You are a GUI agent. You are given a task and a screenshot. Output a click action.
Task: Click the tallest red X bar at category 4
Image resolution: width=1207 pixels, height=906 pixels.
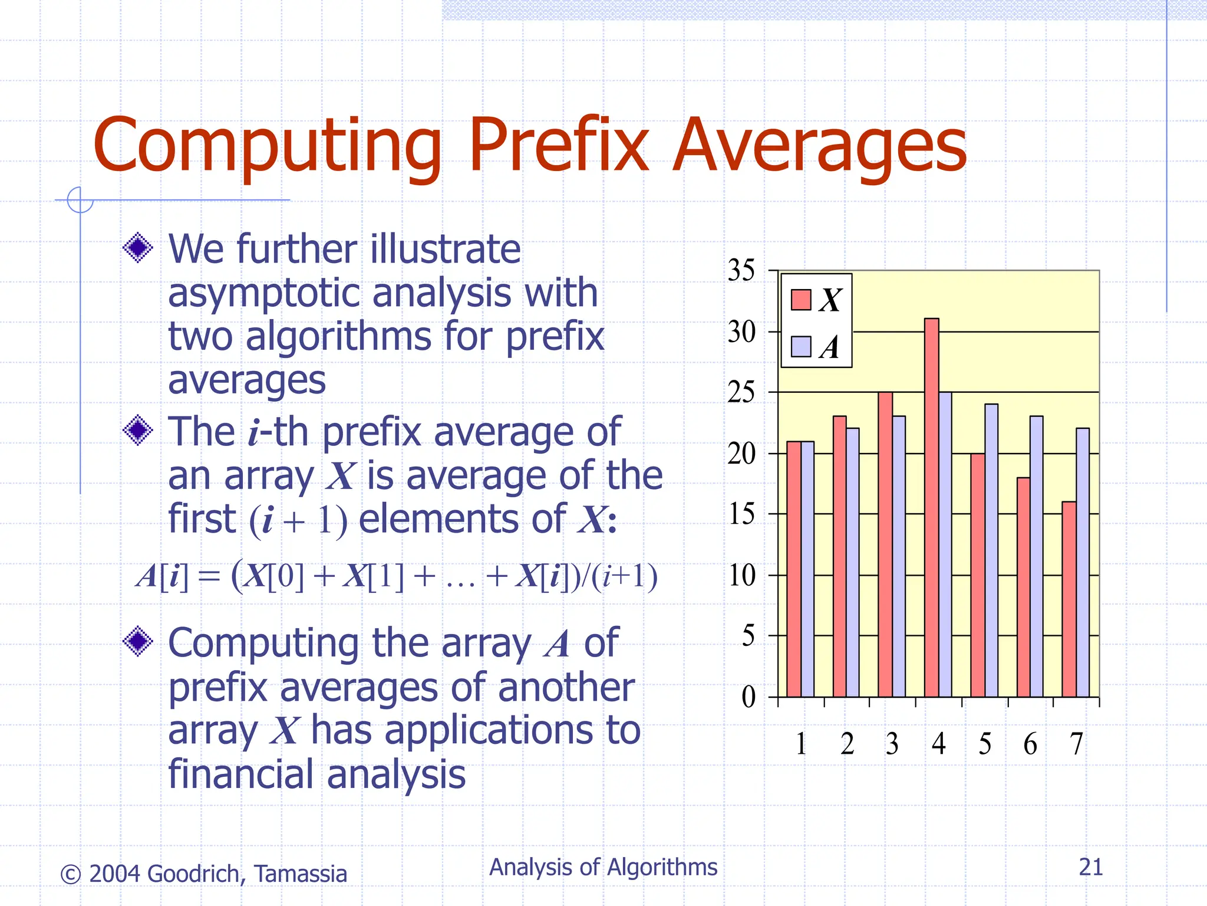pos(931,507)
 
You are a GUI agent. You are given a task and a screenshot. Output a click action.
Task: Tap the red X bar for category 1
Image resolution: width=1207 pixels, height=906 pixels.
pos(793,569)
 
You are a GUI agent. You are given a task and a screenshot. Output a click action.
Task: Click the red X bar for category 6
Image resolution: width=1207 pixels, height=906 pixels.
pos(1023,587)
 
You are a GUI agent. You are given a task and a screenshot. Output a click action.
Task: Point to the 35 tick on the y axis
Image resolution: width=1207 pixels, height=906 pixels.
pos(741,271)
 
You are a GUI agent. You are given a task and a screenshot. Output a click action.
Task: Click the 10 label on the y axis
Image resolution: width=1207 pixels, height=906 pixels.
pos(742,575)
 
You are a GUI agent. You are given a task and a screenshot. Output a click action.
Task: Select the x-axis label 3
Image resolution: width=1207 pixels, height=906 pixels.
pos(892,744)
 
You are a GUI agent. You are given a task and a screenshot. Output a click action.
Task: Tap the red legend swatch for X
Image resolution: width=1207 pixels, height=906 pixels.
pos(800,300)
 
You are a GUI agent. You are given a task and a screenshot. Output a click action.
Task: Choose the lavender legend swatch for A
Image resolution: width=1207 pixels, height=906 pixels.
pos(800,347)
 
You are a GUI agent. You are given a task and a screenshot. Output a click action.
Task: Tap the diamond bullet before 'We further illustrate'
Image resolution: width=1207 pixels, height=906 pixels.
pos(138,248)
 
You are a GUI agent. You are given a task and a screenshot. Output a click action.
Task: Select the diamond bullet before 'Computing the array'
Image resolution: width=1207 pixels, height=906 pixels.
pos(138,641)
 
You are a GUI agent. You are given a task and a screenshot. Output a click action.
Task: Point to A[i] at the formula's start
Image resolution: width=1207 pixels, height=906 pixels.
pos(162,576)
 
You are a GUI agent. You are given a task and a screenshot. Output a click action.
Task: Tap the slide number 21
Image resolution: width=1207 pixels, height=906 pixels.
pos(1090,867)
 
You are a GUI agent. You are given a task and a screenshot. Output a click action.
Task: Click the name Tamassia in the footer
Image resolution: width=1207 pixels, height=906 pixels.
pos(301,874)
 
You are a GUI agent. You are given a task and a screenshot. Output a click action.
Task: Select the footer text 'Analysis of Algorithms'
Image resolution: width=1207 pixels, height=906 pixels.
pos(603,867)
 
